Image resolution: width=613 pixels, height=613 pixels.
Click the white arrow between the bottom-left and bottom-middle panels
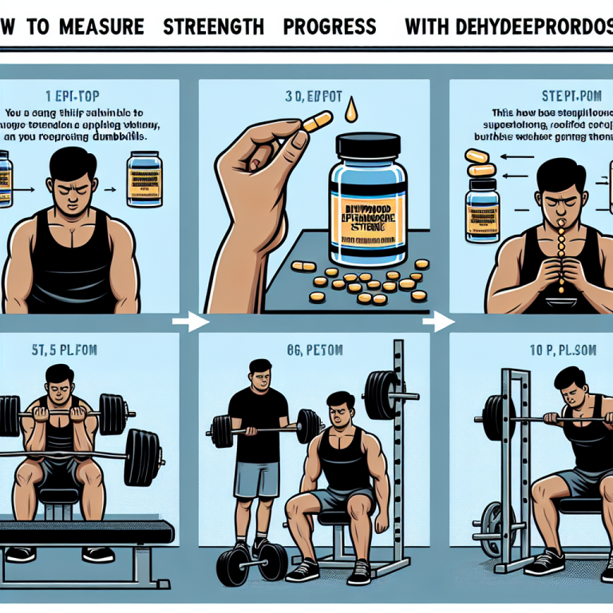189,322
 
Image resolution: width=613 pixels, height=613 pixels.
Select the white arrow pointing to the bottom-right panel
437,322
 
